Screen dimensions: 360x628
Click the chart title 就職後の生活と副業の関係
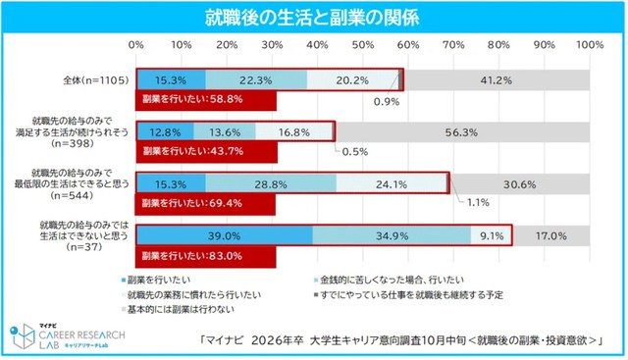(x=313, y=18)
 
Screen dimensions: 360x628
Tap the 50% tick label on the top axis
(x=363, y=45)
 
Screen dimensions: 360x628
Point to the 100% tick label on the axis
(x=589, y=45)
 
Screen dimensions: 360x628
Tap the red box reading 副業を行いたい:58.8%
(x=206, y=99)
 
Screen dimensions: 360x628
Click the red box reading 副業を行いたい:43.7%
(x=206, y=152)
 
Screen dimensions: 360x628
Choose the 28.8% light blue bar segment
(x=271, y=184)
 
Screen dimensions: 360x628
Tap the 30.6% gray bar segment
(x=520, y=184)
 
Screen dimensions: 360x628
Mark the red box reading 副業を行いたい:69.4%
(x=206, y=204)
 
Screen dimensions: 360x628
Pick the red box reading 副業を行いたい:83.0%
(x=206, y=257)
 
